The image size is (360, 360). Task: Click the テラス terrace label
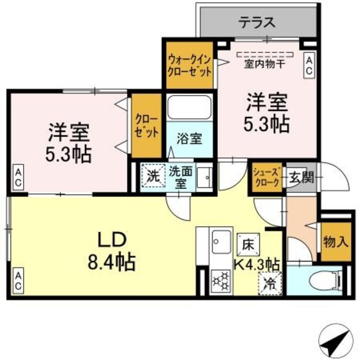tap(258, 23)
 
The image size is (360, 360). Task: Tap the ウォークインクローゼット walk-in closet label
tap(189, 66)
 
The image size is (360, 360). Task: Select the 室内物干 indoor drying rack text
tap(264, 64)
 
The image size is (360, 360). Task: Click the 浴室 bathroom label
tap(188, 138)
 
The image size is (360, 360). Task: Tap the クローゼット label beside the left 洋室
tap(146, 127)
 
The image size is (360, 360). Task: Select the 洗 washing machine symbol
tap(152, 174)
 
